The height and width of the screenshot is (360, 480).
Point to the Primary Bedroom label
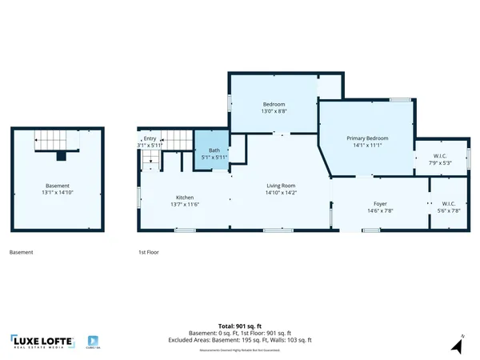click(366, 138)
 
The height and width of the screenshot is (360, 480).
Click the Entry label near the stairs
click(150, 138)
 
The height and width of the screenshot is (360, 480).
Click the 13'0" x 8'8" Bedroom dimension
click(275, 111)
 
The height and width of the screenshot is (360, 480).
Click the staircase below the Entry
click(150, 160)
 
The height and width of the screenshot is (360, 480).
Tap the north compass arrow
click(456, 345)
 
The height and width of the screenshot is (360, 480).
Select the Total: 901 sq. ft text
click(240, 326)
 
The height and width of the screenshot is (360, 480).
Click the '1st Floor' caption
click(147, 253)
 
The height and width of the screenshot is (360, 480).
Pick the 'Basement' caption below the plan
click(22, 253)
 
